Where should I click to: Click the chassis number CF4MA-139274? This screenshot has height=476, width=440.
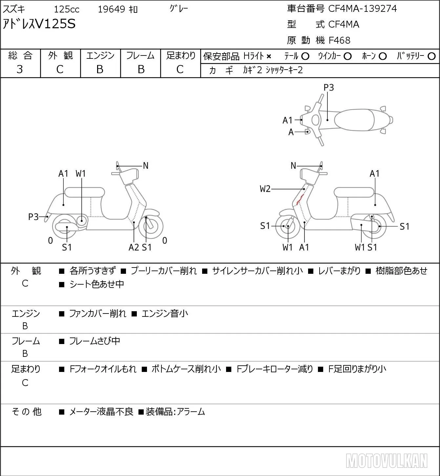click(362, 9)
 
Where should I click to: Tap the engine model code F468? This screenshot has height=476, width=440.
click(339, 40)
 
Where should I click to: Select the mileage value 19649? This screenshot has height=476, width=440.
click(112, 9)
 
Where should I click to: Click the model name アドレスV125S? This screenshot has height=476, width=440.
click(39, 24)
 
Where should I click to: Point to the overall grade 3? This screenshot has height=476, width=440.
click(20, 69)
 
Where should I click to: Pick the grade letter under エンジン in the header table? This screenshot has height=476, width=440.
click(100, 69)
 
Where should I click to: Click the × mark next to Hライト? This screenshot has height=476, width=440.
click(269, 56)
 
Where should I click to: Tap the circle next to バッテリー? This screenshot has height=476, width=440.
click(431, 56)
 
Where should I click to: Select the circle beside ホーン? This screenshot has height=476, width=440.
click(383, 56)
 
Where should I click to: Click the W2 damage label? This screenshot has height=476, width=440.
click(265, 189)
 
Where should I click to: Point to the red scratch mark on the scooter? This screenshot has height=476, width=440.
click(300, 199)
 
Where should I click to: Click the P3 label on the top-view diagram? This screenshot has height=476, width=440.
click(328, 87)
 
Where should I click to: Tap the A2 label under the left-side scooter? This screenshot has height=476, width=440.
click(134, 247)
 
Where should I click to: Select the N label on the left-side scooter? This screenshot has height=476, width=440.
click(146, 166)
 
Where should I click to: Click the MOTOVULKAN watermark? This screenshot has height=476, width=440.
click(387, 461)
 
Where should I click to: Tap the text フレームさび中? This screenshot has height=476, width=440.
click(94, 341)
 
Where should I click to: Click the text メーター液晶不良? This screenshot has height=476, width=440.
click(101, 412)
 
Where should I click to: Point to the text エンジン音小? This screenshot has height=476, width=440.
click(165, 314)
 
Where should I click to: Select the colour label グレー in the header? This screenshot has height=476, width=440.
click(179, 9)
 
